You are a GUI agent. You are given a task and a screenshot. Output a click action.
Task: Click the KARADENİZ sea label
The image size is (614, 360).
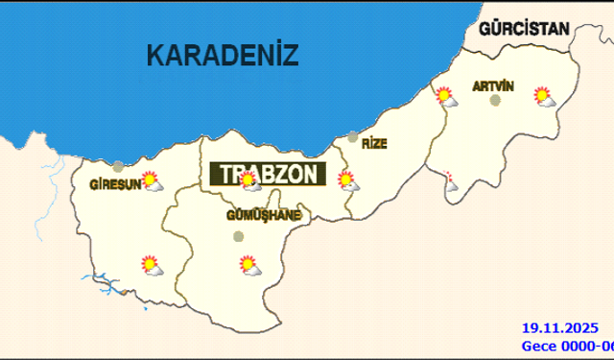click(x=224, y=55)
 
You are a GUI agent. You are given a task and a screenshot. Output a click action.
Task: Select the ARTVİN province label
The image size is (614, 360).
click(x=493, y=86)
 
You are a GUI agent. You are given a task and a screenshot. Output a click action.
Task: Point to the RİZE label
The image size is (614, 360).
click(x=373, y=143)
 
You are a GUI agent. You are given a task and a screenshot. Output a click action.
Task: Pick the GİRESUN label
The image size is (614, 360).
click(x=115, y=184)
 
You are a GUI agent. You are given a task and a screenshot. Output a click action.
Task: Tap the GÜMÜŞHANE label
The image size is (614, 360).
click(x=263, y=215)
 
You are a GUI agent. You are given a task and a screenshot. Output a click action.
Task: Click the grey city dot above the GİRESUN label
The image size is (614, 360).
click(x=118, y=166)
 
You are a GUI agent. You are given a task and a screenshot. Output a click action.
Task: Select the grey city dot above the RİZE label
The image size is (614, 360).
click(x=353, y=137)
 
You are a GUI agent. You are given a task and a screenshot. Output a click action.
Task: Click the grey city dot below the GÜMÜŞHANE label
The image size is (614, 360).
click(x=239, y=235)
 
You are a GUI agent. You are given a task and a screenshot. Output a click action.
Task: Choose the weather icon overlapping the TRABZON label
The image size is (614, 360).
click(x=249, y=180)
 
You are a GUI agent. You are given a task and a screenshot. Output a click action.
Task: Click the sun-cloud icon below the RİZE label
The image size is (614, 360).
click(x=347, y=180)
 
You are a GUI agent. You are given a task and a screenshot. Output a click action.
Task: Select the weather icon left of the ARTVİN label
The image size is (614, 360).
click(x=444, y=96)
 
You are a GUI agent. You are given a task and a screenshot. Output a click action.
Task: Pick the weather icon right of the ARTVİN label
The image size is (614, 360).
click(x=544, y=96)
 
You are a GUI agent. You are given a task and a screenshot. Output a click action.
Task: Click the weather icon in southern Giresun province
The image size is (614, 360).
click(x=151, y=264)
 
